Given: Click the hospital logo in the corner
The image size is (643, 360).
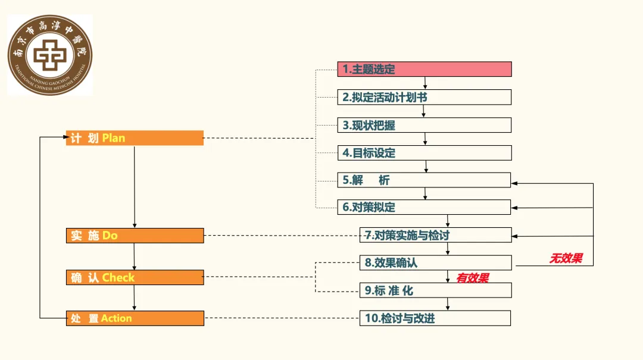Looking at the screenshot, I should pyautogui.click(x=50, y=55).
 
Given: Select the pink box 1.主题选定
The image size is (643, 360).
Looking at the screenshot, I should pyautogui.click(x=424, y=69).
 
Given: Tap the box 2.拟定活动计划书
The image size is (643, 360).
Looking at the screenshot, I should pyautogui.click(x=424, y=97).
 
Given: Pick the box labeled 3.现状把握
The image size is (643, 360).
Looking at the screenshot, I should pyautogui.click(x=424, y=125).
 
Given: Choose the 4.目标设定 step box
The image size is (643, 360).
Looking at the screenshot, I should pyautogui.click(x=424, y=153).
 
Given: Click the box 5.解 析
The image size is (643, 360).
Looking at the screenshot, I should pyautogui.click(x=424, y=180).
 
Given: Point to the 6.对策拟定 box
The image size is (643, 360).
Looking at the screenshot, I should pyautogui.click(x=424, y=207).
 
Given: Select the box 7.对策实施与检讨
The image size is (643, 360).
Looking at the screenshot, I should pyautogui.click(x=435, y=235).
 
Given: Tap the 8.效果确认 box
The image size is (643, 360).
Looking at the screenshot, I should pyautogui.click(x=435, y=262).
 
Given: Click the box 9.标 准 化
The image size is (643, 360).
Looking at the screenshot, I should pyautogui.click(x=435, y=290).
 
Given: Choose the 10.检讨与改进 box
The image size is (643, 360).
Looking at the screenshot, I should pyautogui.click(x=435, y=318).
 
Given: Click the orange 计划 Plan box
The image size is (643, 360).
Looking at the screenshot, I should pyautogui.click(x=135, y=138).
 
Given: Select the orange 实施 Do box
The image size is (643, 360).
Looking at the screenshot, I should pyautogui.click(x=135, y=236).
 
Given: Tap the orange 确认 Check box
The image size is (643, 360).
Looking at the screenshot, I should pyautogui.click(x=135, y=277).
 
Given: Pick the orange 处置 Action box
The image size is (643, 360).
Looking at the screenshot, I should pyautogui.click(x=135, y=318).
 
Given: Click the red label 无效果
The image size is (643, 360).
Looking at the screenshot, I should pyautogui.click(x=566, y=258).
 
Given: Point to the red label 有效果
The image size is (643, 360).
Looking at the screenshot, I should pyautogui.click(x=473, y=278).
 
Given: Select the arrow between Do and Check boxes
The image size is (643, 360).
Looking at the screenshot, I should pyautogui.click(x=135, y=256).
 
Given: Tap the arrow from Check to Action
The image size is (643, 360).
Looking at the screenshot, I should pyautogui.click(x=135, y=298).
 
